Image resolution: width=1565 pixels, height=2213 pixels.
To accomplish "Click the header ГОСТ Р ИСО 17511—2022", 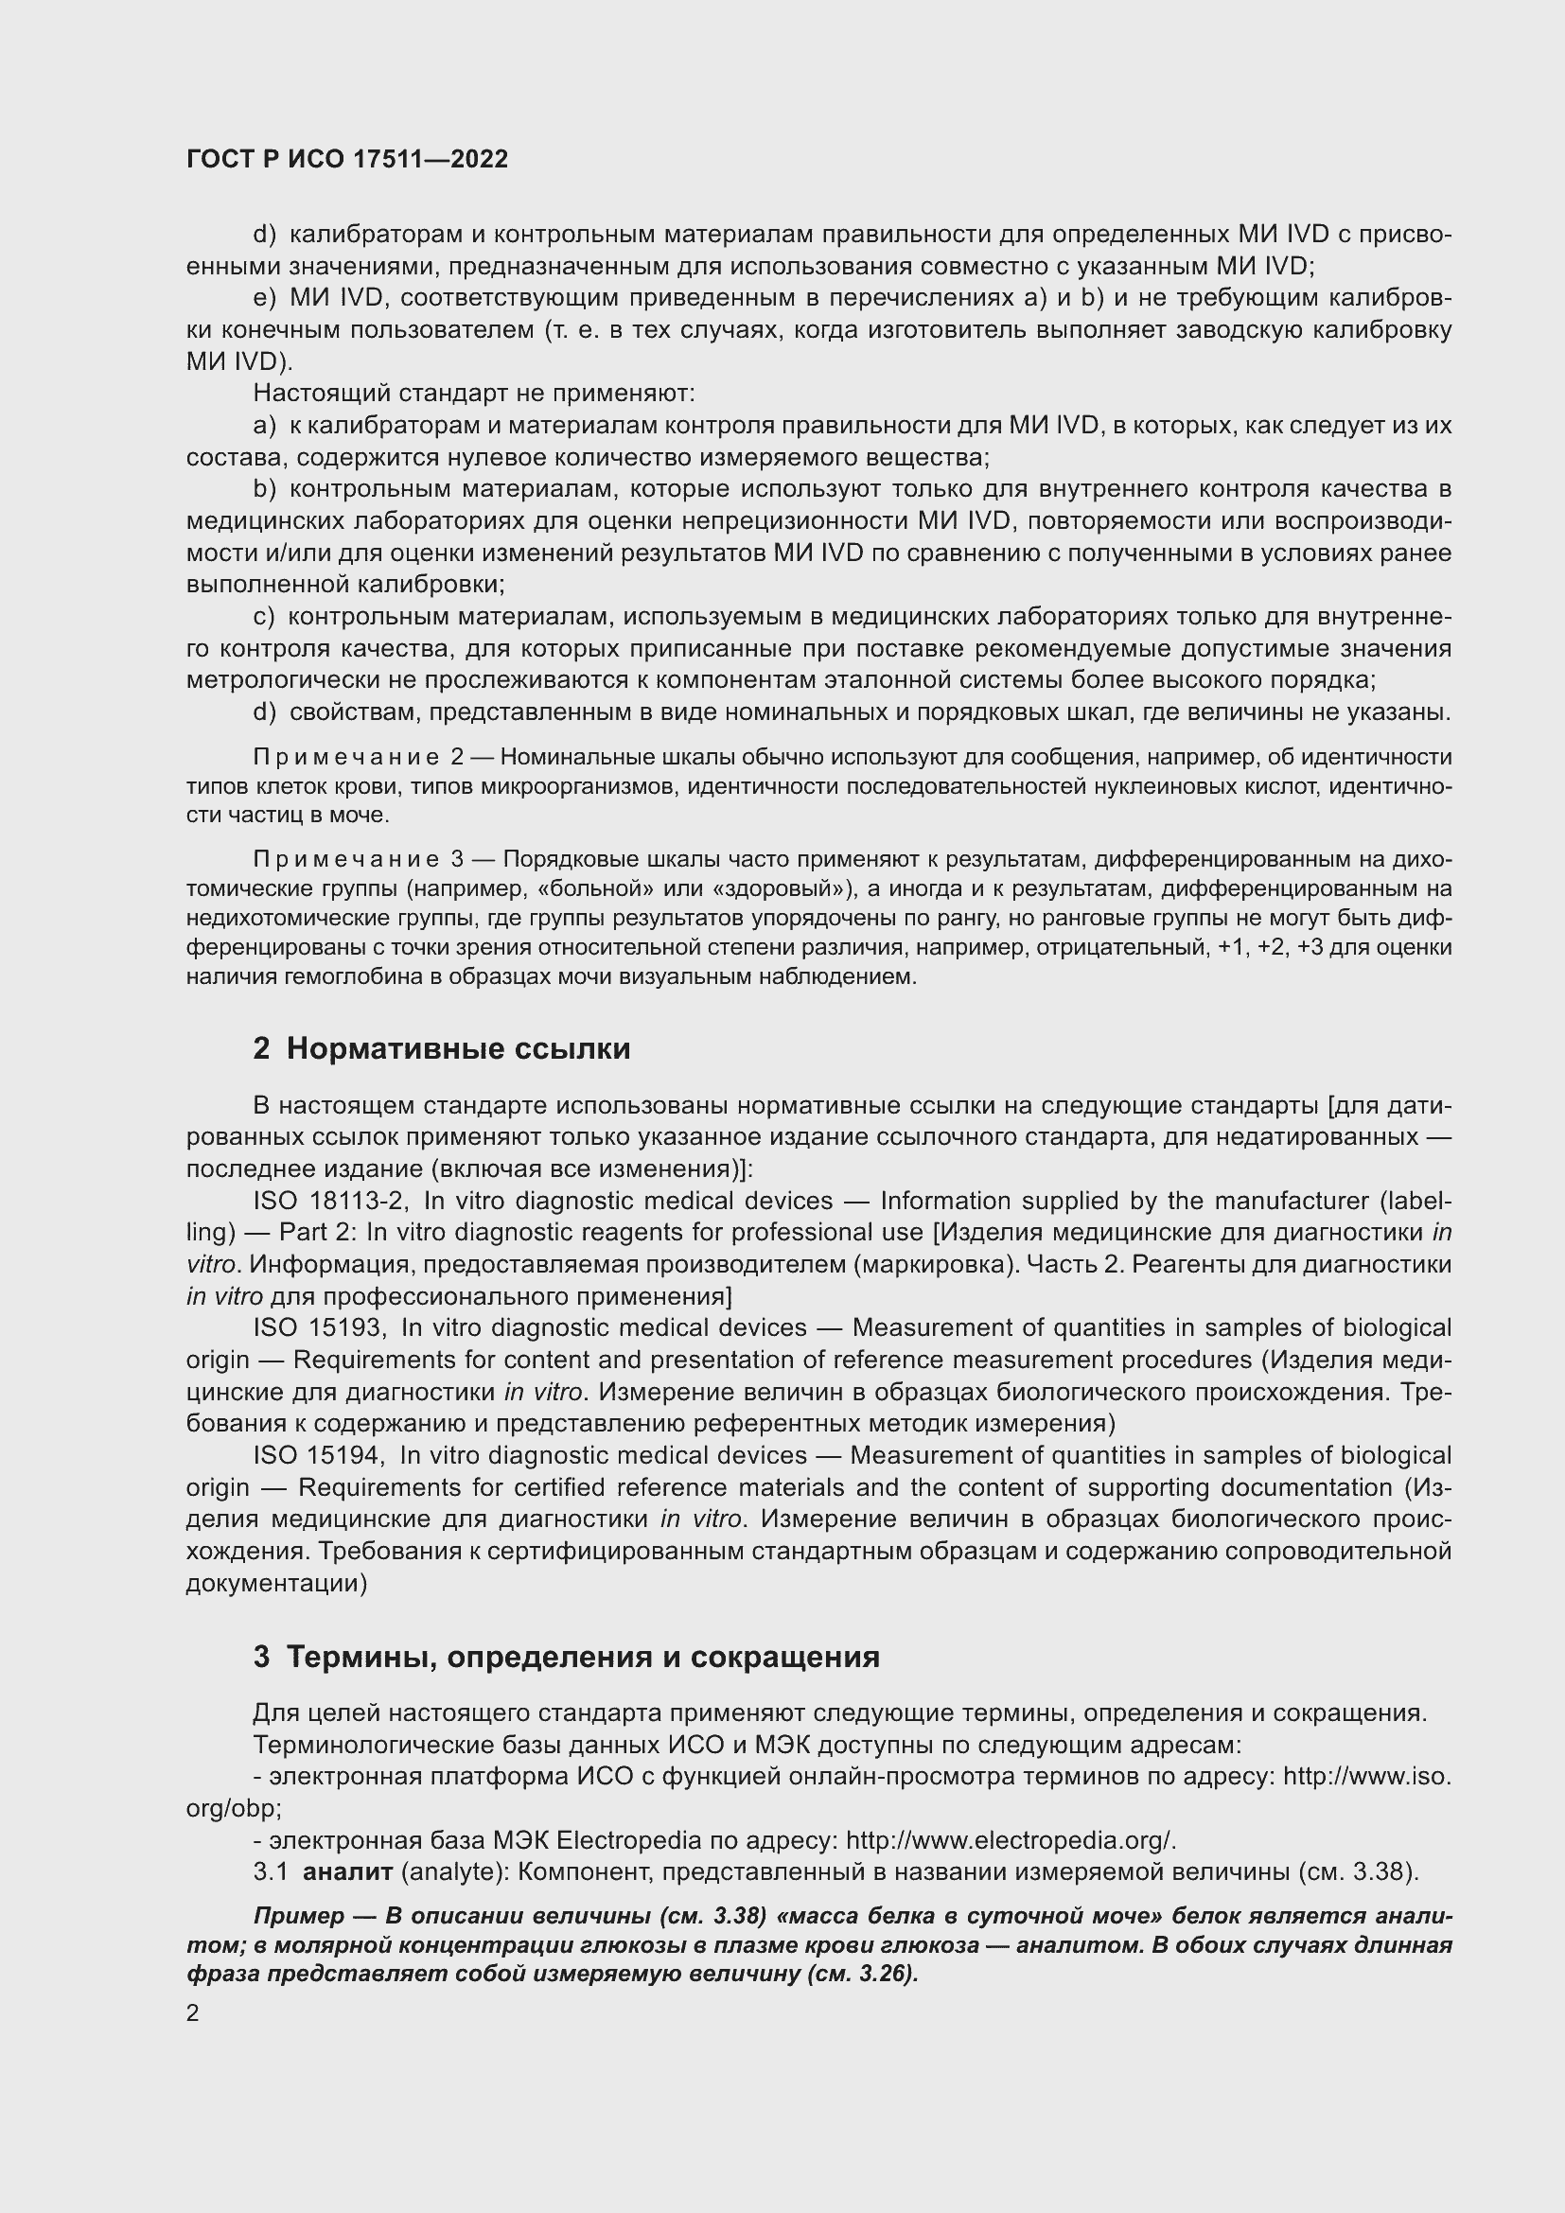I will (347, 159).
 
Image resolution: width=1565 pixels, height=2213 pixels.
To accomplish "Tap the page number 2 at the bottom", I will (193, 2013).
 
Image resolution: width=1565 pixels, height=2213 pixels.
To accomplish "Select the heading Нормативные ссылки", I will (458, 1048).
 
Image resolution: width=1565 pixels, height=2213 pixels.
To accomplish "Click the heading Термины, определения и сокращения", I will (583, 1657).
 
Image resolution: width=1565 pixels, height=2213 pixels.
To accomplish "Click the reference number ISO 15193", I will (319, 1328).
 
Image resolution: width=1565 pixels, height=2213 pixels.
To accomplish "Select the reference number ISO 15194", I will (319, 1455).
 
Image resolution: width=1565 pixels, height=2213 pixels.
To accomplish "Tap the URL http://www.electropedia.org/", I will (1011, 1841).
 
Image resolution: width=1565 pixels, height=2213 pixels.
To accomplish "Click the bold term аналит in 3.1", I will (347, 1872).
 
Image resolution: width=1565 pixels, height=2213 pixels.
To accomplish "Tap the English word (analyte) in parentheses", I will (455, 1872).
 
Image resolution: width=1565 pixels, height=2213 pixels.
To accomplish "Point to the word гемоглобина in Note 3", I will (337, 976).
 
